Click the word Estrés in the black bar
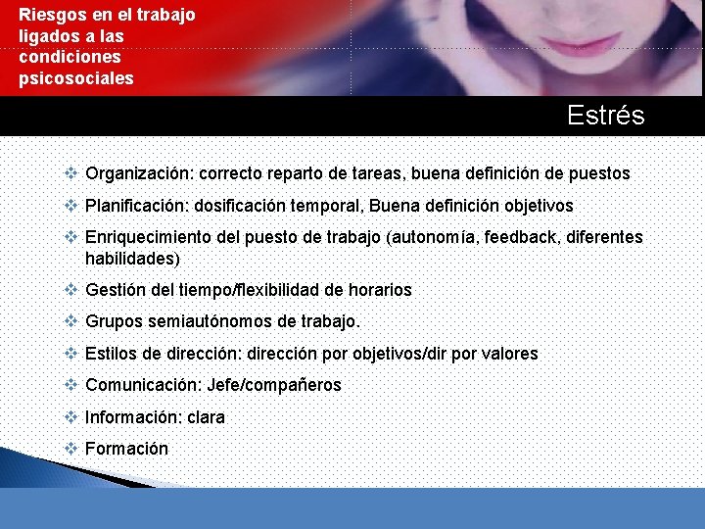coord(605,116)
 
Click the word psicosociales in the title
coord(75,77)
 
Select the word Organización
coord(140,173)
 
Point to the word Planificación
coord(137,206)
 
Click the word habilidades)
coord(133,259)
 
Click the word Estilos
coord(112,354)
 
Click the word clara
coord(205,417)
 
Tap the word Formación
coord(126,449)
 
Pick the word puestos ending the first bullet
coord(599,173)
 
